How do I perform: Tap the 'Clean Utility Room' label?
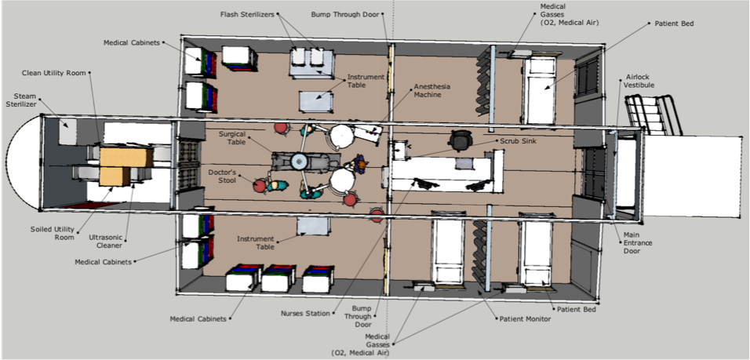tap(53, 73)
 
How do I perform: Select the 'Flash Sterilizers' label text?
tap(247, 14)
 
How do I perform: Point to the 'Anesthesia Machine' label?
tap(428, 91)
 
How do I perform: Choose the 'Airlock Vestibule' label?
tap(639, 81)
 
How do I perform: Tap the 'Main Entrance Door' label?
tap(638, 243)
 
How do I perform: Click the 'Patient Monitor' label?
tap(525, 318)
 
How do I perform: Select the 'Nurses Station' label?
tap(305, 314)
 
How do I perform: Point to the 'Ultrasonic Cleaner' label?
tap(106, 242)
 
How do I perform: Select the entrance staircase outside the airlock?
tap(654, 115)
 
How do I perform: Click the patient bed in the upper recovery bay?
tap(541, 91)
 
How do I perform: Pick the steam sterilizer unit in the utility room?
tap(67, 132)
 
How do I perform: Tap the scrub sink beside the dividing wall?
tap(399, 150)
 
